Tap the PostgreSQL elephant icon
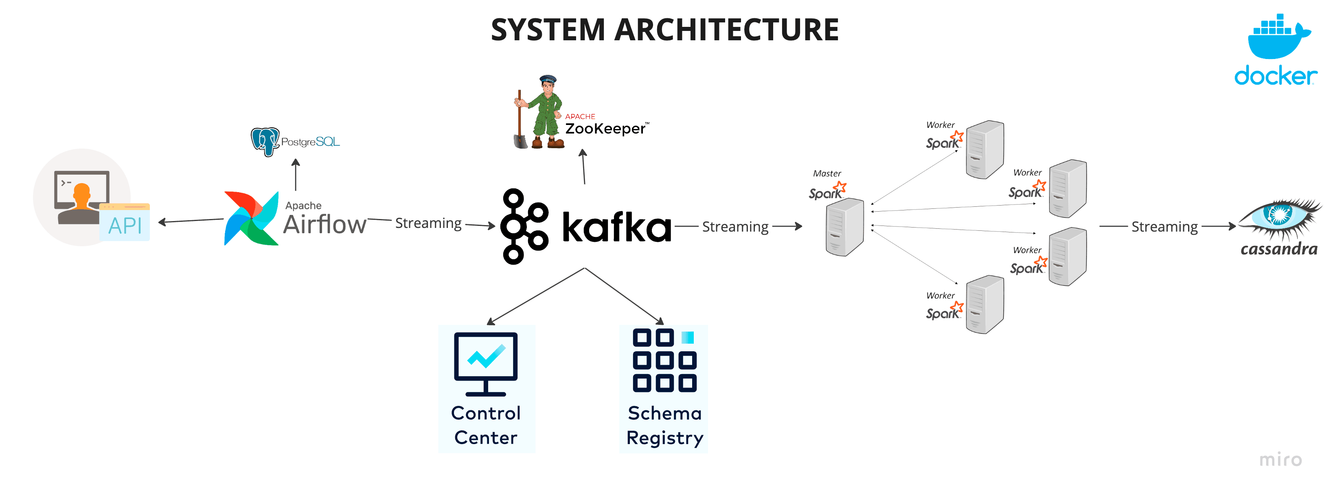click(x=265, y=142)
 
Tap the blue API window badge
click(x=125, y=222)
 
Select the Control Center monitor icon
click(x=486, y=364)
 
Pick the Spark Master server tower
click(x=845, y=227)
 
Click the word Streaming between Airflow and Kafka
click(x=428, y=223)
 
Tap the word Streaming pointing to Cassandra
click(x=1165, y=227)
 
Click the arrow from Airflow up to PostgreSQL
click(x=296, y=174)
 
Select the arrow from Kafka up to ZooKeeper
click(x=584, y=166)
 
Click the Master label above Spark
click(x=827, y=173)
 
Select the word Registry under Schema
click(x=665, y=438)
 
